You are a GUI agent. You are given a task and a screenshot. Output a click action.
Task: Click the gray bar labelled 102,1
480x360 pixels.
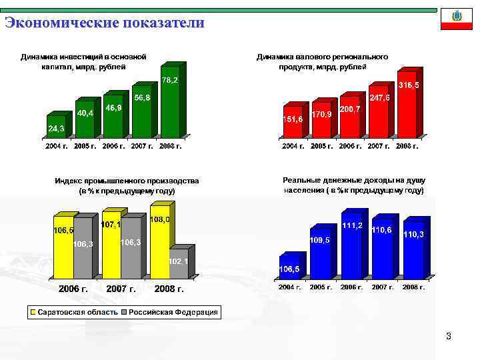pyautogui.click(x=178, y=263)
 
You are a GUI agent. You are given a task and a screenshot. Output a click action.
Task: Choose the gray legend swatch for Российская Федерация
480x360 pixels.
pyautogui.click(x=124, y=312)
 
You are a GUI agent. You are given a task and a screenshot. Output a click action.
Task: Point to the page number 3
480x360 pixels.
pyautogui.click(x=449, y=337)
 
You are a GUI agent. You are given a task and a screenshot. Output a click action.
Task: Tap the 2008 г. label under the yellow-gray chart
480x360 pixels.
pyautogui.click(x=169, y=289)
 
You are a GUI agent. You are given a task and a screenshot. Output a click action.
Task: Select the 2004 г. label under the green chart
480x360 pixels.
pyautogui.click(x=57, y=146)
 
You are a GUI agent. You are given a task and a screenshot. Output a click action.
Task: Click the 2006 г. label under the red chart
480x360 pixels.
pyautogui.click(x=351, y=146)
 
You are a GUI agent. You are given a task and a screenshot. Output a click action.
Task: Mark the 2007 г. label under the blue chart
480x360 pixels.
pyautogui.click(x=382, y=287)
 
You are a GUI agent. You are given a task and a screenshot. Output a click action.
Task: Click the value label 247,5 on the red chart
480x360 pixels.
pyautogui.click(x=380, y=98)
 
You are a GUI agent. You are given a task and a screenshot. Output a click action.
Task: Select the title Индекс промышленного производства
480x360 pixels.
pyautogui.click(x=127, y=181)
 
